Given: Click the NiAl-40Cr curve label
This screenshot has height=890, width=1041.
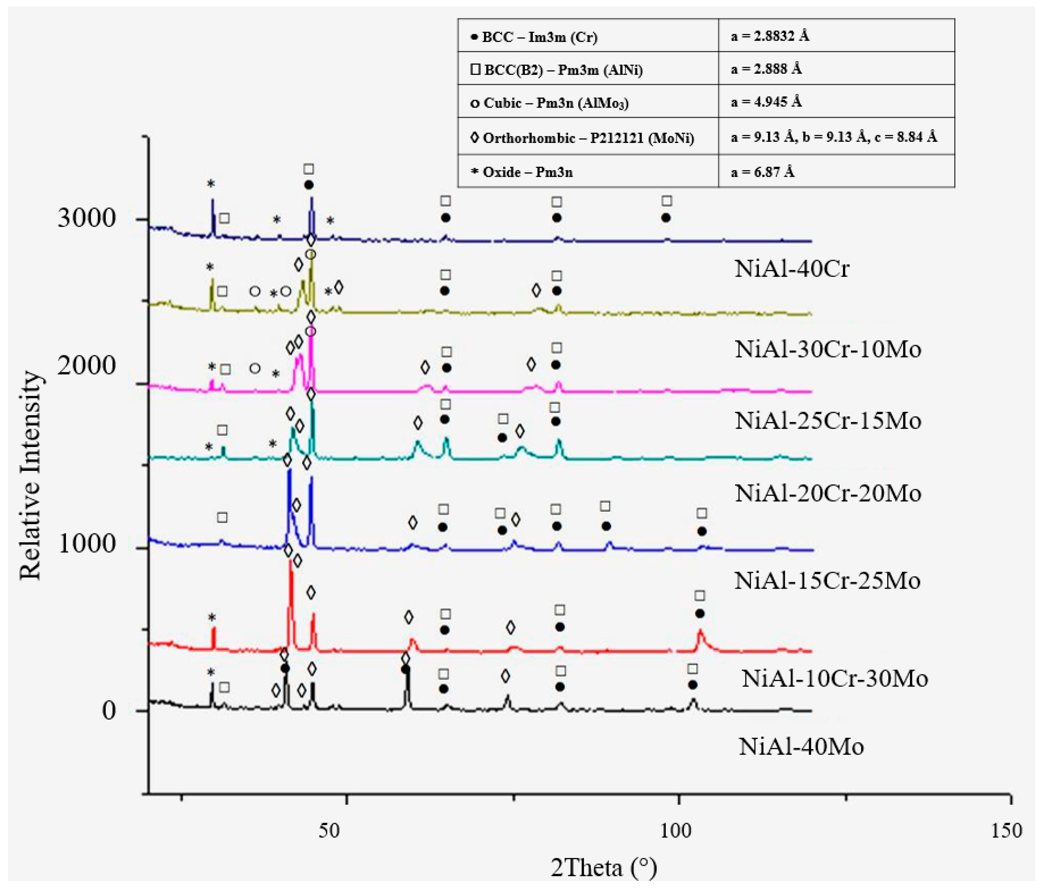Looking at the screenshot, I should coord(791,269).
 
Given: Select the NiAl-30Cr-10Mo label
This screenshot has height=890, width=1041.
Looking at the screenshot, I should coord(828,349).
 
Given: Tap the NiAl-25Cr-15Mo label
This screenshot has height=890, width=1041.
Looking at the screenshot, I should coord(828,421).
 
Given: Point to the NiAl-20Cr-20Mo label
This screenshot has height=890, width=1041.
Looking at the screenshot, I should coord(828,494).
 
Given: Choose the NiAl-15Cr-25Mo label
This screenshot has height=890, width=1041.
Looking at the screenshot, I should coord(827,581).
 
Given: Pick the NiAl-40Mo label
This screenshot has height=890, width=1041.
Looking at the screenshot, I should coord(801,747).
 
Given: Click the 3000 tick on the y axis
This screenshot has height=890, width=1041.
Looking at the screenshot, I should coord(86,218).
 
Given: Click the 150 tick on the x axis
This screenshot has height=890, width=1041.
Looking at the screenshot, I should coord(1006,831).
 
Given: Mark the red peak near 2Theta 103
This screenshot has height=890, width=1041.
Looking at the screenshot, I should coord(700,632).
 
